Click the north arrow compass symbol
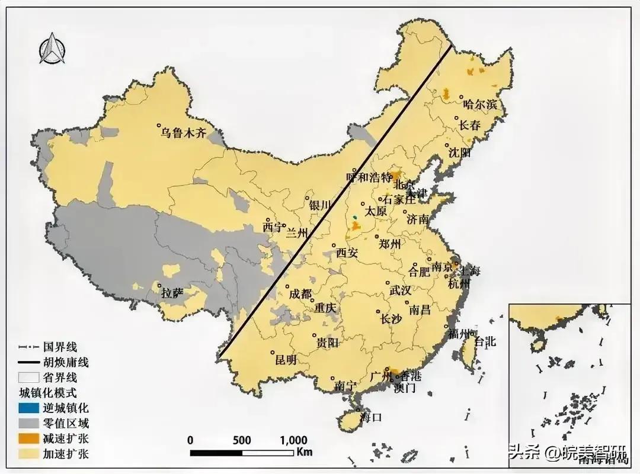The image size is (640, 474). pos(51,48)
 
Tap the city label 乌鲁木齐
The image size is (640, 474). pos(184,133)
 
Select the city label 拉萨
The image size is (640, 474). pos(172,292)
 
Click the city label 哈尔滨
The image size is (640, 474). pos(480,105)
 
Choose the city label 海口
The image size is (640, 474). pos(371,417)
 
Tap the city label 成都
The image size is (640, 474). pos(299,294)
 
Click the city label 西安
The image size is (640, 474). pos(347,253)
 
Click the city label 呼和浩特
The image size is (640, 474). pos(370,177)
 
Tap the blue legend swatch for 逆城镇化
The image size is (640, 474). pos(27,408)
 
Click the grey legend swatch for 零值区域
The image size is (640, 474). pos(27,423)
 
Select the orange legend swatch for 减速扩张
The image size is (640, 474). pos(27,439)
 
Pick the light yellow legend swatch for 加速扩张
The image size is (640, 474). pos(27,454)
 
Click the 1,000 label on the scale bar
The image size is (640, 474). pos(293,440)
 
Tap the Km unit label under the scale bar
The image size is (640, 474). pos(305,452)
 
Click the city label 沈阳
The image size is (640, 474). pos(459,153)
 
